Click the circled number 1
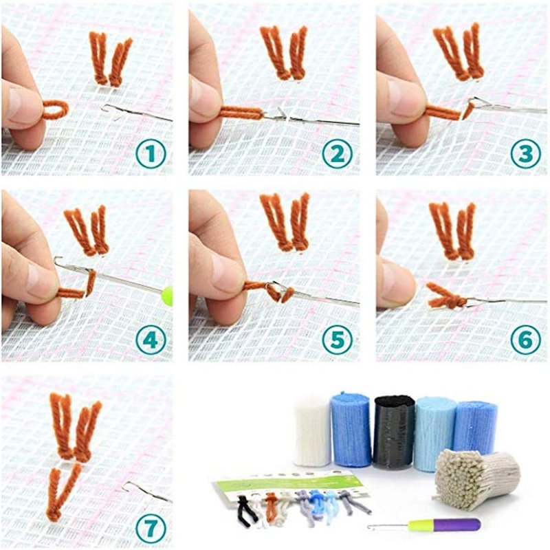151,153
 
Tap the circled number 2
337,153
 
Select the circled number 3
525,153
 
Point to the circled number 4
151,340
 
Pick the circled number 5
337,340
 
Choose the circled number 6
525,340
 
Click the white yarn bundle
312,431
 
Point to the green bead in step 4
168,296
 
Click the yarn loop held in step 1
56,109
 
